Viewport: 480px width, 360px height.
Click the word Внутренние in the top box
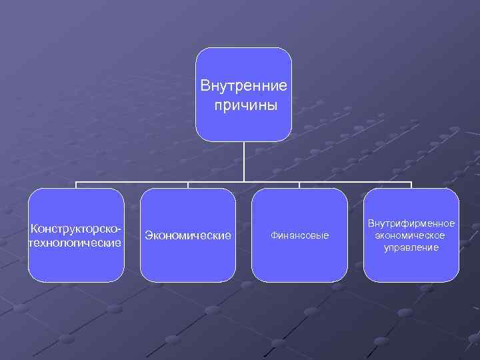244,86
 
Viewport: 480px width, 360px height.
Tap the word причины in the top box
245,106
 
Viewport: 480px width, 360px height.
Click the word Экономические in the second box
188,235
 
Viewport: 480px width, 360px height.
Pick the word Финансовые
299,236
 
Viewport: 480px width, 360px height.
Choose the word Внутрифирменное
411,223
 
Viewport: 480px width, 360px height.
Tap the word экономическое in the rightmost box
411,235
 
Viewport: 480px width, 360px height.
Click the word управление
411,247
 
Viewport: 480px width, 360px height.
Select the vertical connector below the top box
244,161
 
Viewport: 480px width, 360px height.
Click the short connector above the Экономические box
188,185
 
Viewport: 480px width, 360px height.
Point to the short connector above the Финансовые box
299,185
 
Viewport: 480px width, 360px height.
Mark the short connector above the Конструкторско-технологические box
76,185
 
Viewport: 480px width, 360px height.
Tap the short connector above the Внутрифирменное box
411,185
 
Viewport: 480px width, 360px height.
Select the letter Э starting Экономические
149,235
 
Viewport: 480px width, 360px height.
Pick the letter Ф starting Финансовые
273,236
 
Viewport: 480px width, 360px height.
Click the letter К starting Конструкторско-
31,228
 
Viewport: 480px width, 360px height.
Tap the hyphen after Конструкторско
121,229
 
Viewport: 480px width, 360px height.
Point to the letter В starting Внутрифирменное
371,223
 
